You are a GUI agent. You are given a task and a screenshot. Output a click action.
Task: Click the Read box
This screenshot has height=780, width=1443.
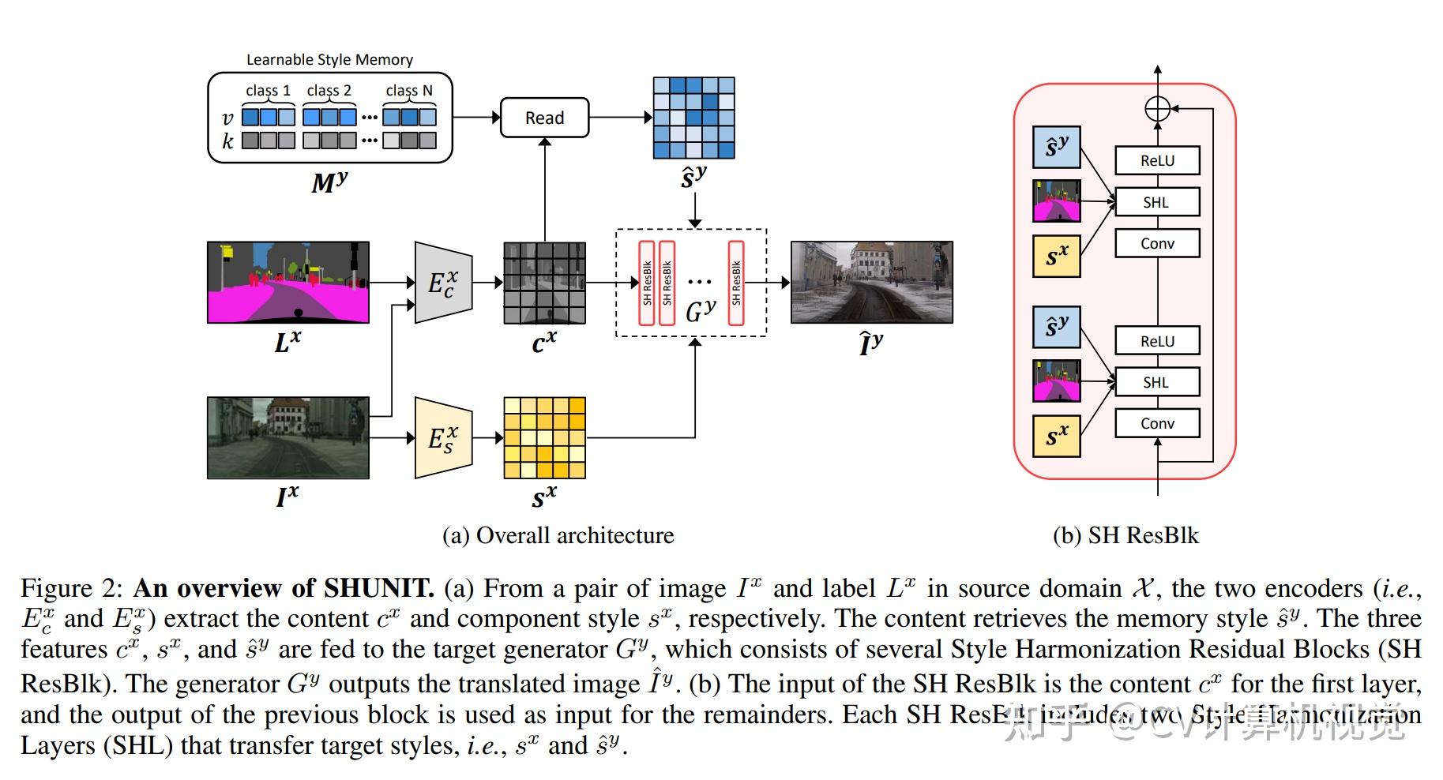544,118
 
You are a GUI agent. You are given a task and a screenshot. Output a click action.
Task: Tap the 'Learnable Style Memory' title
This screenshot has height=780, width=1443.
329,60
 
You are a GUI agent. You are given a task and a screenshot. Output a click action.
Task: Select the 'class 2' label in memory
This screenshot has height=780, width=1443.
329,91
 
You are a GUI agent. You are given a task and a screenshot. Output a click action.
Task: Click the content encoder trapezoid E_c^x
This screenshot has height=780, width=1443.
443,283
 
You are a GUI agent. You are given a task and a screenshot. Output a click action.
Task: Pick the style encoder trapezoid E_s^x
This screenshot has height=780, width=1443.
443,438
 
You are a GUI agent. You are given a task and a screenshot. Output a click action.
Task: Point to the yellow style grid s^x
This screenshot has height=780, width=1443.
544,438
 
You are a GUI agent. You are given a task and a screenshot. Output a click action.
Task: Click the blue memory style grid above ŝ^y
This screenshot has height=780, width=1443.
693,118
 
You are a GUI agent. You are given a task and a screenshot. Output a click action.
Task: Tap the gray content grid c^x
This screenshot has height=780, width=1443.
544,283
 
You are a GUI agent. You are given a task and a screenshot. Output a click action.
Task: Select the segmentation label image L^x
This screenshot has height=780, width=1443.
287,283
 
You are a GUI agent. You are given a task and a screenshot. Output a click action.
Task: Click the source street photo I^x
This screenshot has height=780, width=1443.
287,438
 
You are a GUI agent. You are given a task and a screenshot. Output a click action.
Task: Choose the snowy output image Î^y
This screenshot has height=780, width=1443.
871,283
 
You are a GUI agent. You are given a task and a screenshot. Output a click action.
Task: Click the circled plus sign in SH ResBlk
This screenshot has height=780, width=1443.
1157,109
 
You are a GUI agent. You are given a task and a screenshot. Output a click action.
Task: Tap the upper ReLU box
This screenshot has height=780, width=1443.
1157,160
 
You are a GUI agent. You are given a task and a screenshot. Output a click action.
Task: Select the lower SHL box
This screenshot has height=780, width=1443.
1157,382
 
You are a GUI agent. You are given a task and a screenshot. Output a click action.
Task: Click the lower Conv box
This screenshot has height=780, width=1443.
1157,423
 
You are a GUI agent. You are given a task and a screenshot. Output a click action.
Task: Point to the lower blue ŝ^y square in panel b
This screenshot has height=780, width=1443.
1056,327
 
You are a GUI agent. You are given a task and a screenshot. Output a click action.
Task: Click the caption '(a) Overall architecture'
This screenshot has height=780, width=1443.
558,535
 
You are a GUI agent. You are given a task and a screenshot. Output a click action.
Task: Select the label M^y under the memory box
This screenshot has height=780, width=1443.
329,182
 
